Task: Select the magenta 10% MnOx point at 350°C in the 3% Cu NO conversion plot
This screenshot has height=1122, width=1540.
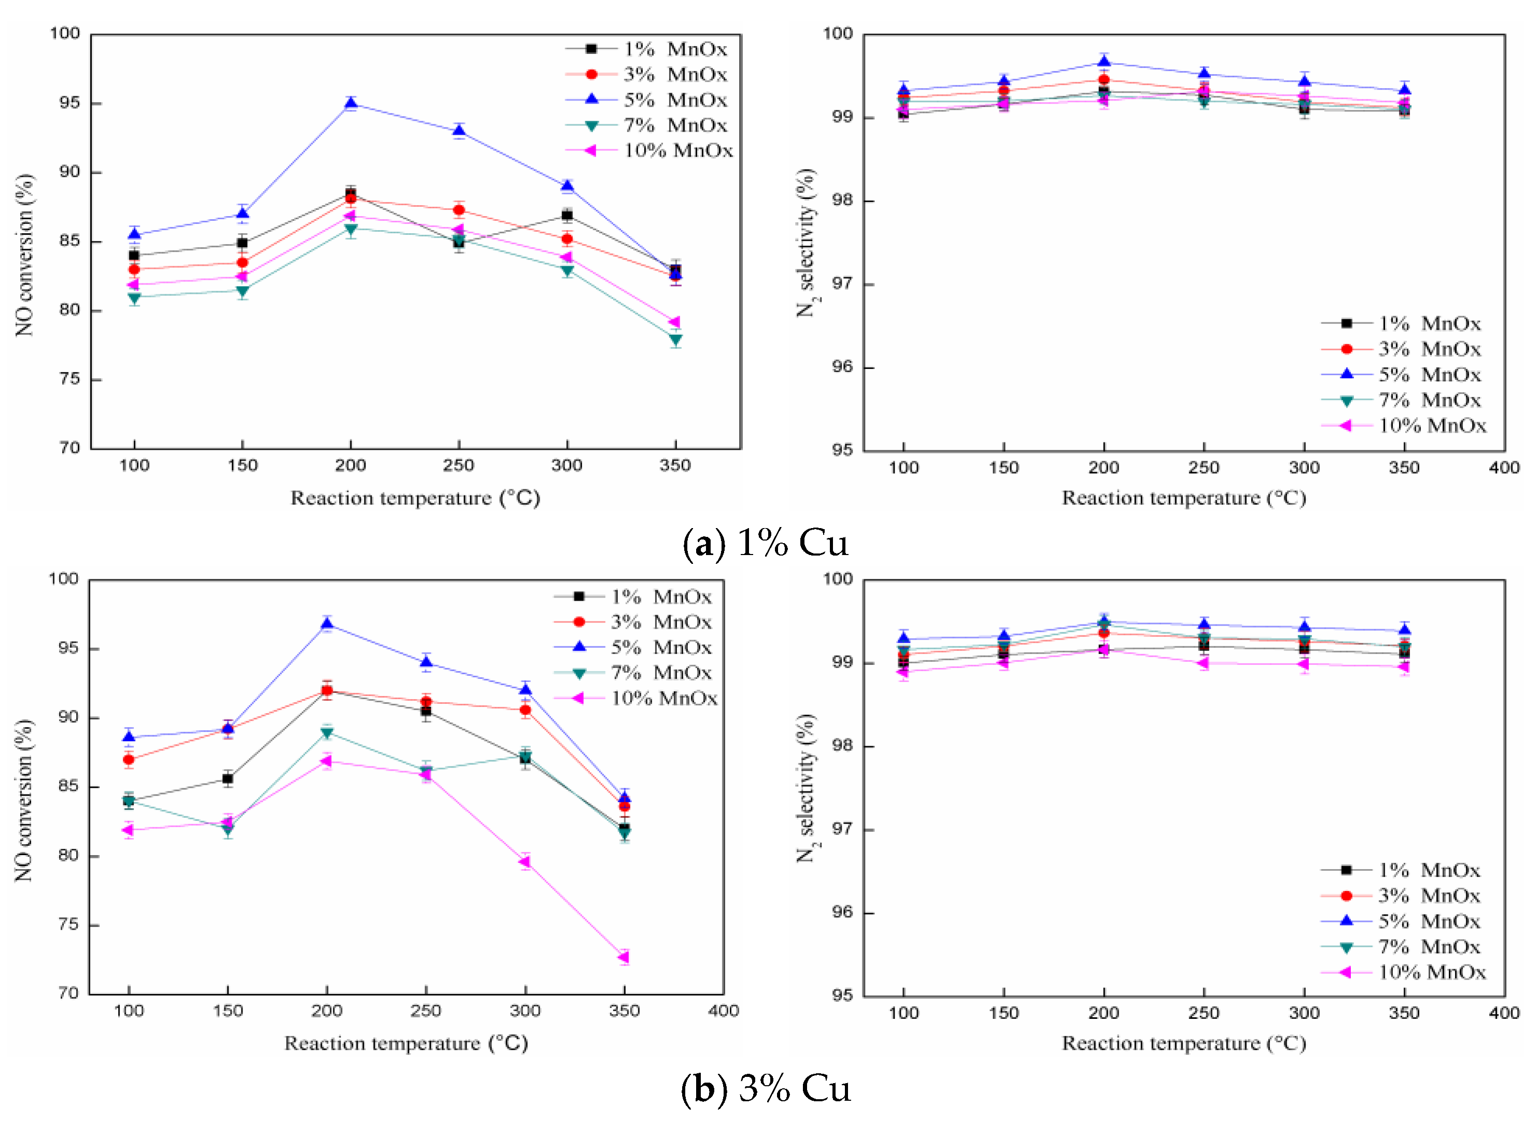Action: pos(624,957)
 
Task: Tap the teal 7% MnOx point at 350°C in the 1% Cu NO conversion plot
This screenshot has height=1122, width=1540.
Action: pos(675,339)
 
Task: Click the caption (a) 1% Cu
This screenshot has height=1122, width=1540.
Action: pos(766,543)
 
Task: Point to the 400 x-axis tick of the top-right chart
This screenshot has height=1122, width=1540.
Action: pos(1504,467)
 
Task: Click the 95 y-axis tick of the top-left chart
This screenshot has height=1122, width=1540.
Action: pos(65,103)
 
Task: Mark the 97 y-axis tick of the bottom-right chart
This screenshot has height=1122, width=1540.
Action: pos(842,829)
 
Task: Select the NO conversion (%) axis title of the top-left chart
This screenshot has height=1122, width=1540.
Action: pos(24,254)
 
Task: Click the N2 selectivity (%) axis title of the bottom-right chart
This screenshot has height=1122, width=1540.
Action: pos(807,788)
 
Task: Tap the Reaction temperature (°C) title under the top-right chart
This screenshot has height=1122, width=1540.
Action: pos(1183,498)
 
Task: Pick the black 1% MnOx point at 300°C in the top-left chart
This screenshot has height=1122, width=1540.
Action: pos(567,215)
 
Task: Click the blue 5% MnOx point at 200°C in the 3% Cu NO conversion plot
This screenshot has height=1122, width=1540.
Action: pos(327,623)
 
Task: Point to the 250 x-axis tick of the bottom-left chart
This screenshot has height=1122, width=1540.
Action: pos(426,1011)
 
